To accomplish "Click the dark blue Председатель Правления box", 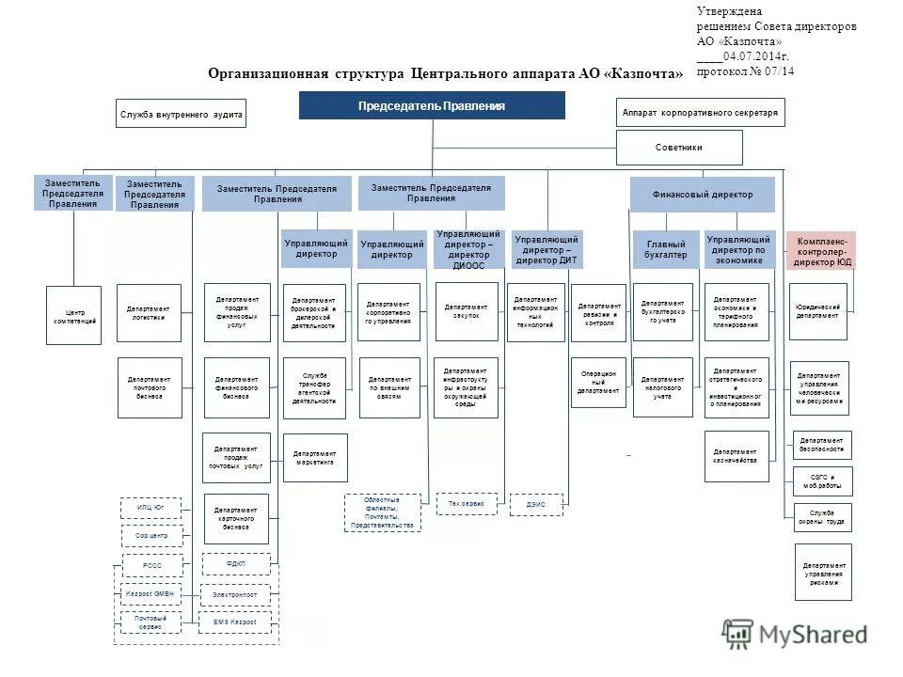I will [432, 105].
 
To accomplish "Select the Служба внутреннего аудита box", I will [182, 114].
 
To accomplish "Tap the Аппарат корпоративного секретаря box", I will [700, 112].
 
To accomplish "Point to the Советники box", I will [678, 148].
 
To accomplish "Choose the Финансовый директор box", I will [702, 195].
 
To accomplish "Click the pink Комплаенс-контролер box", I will [821, 250].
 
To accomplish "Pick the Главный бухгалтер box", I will [666, 249].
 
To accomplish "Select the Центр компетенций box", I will [73, 315].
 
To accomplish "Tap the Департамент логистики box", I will [148, 312].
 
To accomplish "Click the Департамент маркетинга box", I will [315, 457].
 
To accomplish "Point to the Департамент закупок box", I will [467, 311].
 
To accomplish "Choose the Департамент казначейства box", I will [736, 456].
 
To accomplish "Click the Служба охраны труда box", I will [822, 517].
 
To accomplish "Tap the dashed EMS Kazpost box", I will [234, 622].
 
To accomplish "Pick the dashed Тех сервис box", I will [466, 504].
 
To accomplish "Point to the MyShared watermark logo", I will [794, 635].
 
